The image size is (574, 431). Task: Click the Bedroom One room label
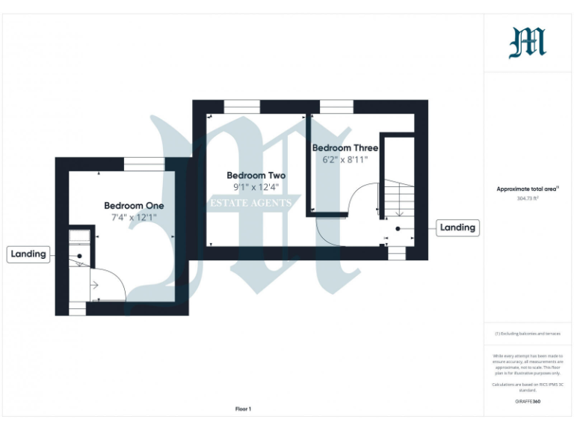point(134,205)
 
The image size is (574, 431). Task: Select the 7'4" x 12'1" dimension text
point(134,217)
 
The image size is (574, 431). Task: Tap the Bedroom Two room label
point(256,175)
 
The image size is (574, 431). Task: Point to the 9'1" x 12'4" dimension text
point(256,187)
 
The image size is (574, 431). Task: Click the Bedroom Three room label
point(345,147)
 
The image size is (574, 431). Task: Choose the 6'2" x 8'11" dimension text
point(345,159)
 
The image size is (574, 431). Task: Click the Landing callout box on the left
point(28,254)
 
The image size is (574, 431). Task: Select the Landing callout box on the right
point(457,227)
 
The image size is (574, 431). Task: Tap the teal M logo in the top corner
point(528,43)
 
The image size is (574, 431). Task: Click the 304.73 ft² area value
point(528,199)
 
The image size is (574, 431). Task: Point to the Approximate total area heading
point(528,189)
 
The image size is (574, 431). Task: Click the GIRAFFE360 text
point(528,403)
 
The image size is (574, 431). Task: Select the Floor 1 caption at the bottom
point(243,409)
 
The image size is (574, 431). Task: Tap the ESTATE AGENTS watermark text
point(250,203)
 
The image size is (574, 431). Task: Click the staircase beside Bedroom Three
point(398,198)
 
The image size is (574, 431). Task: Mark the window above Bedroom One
point(144,163)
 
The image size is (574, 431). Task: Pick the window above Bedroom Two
point(241,106)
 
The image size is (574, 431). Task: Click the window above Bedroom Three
point(336,106)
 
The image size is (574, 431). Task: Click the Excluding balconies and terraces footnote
point(528,334)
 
